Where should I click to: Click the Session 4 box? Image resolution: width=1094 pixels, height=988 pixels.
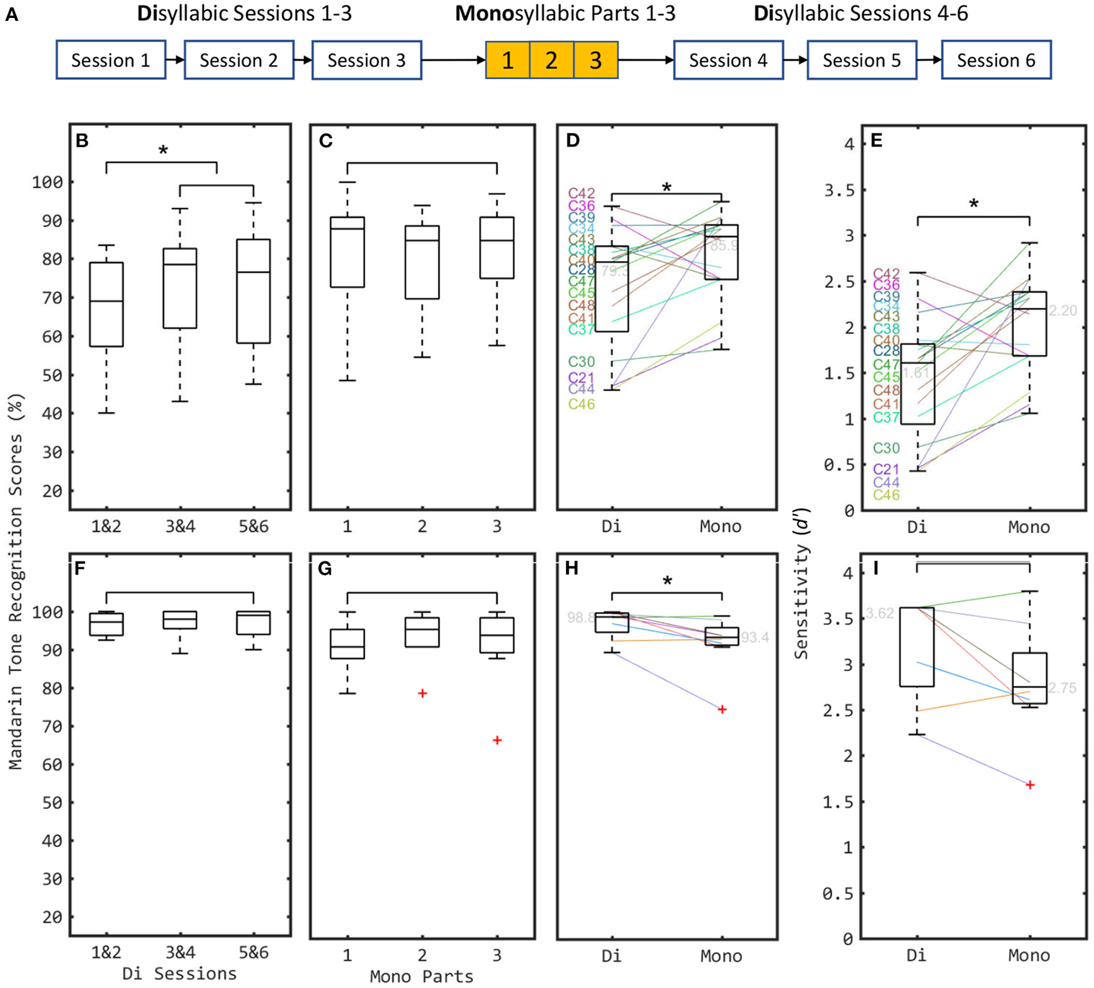coord(728,60)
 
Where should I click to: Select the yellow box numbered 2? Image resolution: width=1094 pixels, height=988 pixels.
coord(551,60)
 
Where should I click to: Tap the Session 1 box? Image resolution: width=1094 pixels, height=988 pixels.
coord(111,60)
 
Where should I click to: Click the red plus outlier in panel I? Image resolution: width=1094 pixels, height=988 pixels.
coord(1030,785)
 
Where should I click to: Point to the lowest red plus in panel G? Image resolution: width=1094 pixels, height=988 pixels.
coord(497,740)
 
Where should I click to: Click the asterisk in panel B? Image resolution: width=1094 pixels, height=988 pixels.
coord(163,151)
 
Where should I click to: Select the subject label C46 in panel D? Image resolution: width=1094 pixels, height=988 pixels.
coord(581,404)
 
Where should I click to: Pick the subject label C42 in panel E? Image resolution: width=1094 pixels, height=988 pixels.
coord(886,274)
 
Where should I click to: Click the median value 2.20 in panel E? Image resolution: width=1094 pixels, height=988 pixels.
coord(1063,311)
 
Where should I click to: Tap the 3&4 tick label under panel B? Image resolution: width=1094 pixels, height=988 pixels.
coord(180,526)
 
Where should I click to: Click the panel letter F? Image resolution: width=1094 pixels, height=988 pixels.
coord(80,569)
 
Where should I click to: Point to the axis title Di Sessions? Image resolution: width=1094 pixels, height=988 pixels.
coord(179,974)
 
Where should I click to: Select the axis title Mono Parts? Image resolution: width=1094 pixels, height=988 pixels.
coord(422,976)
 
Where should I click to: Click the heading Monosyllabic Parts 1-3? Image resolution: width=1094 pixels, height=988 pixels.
coord(565,14)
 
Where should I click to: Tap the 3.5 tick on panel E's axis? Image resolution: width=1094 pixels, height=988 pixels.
coord(840,190)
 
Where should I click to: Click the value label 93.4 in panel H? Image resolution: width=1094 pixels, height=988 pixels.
coord(754,637)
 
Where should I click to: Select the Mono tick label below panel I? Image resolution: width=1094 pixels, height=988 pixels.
coord(1029,955)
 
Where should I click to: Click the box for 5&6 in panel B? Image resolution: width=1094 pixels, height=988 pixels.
coord(254,291)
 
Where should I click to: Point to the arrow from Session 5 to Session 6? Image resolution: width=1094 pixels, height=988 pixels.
coord(929,60)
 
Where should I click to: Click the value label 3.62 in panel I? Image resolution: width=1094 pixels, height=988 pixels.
coord(879,613)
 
